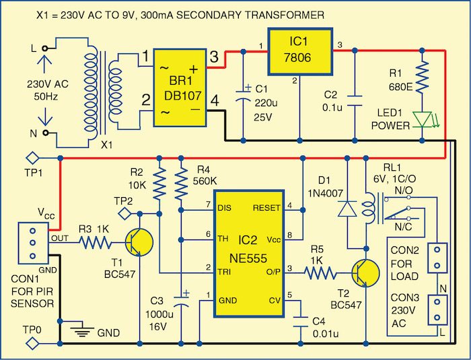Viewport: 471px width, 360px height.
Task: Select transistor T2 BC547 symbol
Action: point(363,273)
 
